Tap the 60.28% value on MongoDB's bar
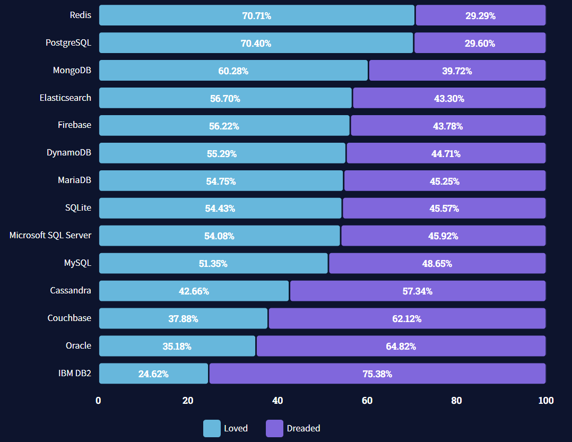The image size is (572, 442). click(x=233, y=71)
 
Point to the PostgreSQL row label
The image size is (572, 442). click(x=68, y=43)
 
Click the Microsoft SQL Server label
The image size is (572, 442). click(x=50, y=235)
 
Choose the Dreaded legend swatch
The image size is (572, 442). click(x=274, y=428)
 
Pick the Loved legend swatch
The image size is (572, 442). click(x=212, y=428)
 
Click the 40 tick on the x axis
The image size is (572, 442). click(x=278, y=401)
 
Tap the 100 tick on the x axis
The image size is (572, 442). click(x=546, y=401)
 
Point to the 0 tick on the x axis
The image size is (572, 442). click(x=98, y=401)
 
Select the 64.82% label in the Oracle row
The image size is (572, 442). click(x=401, y=346)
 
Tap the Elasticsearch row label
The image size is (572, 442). click(x=65, y=98)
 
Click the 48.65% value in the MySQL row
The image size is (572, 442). click(x=437, y=263)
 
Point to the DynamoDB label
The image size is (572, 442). click(x=69, y=153)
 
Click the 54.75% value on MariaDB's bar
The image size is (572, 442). click(x=221, y=181)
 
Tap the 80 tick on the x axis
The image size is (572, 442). click(x=456, y=401)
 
